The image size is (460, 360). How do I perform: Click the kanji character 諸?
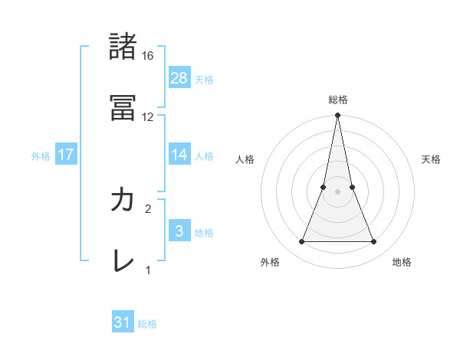[x=123, y=47]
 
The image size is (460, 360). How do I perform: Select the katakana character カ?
[x=123, y=200]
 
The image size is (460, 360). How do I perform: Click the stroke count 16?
[x=148, y=56]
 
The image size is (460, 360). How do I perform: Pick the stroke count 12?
[x=148, y=116]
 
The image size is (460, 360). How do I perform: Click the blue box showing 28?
[x=179, y=78]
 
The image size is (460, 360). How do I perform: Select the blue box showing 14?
[x=179, y=155]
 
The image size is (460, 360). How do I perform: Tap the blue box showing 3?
[x=179, y=231]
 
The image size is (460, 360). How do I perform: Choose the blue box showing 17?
[x=66, y=155]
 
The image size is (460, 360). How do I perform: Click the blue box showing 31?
[x=123, y=322]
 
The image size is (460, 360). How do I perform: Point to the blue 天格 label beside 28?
[x=204, y=79]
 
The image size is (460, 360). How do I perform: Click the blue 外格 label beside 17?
[x=41, y=155]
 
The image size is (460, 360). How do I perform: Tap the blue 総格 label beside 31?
[x=147, y=323]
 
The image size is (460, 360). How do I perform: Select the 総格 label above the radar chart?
[x=338, y=100]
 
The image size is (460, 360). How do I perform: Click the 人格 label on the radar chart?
[x=245, y=159]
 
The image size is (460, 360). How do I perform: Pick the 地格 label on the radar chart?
[x=402, y=262]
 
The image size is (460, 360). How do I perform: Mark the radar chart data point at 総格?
[x=338, y=116]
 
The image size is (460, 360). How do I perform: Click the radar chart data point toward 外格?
[x=301, y=242]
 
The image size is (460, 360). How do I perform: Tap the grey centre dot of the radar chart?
[x=338, y=191]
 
